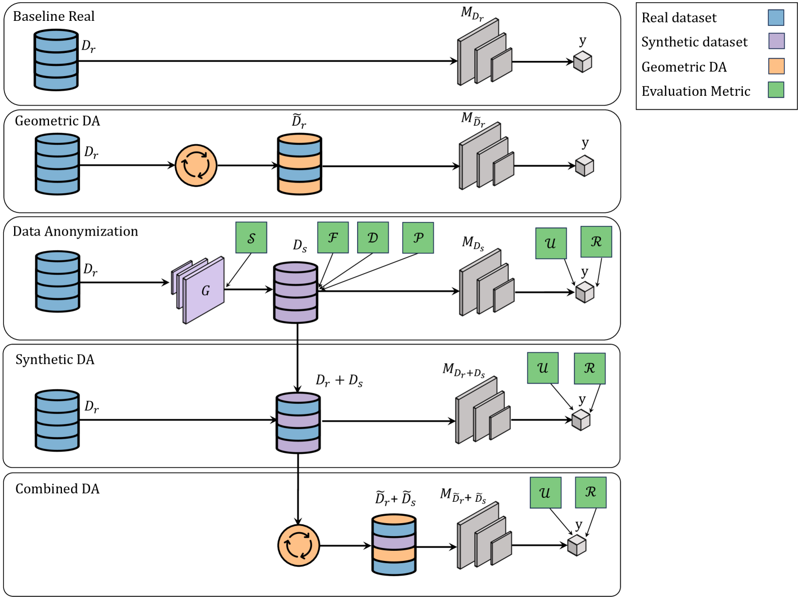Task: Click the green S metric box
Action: [x=251, y=238]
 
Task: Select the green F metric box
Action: [x=333, y=238]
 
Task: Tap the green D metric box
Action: [x=373, y=238]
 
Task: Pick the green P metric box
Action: [x=418, y=238]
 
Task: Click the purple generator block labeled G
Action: [x=204, y=291]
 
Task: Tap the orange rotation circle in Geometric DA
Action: [x=196, y=166]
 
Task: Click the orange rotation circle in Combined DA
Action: [x=298, y=545]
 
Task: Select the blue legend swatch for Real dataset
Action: [x=776, y=17]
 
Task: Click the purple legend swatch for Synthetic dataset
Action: [x=776, y=42]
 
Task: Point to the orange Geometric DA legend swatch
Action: [x=776, y=66]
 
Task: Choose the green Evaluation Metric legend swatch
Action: [x=776, y=90]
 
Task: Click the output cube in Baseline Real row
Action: [x=582, y=61]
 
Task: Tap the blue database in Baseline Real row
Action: [x=56, y=60]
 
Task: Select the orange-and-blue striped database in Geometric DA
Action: [x=300, y=164]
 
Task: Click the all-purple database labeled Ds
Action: [x=296, y=292]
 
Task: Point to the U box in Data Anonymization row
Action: [x=551, y=243]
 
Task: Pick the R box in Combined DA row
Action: [x=591, y=492]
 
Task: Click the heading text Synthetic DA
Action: [x=55, y=360]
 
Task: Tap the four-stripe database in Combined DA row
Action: [x=394, y=545]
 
